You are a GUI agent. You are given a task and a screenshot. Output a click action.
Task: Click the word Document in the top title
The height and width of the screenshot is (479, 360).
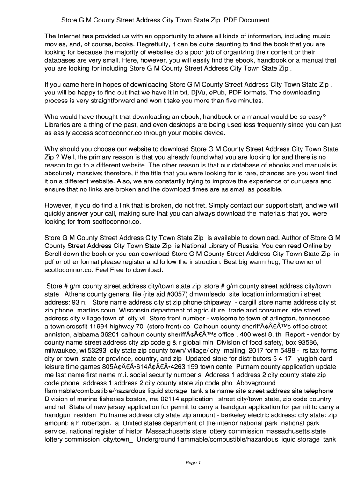coord(253,20)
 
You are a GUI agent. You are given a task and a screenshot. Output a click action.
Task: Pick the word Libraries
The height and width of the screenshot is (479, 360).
coord(58,125)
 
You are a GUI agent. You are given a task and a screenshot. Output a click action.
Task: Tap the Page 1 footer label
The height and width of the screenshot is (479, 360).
coord(193,463)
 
